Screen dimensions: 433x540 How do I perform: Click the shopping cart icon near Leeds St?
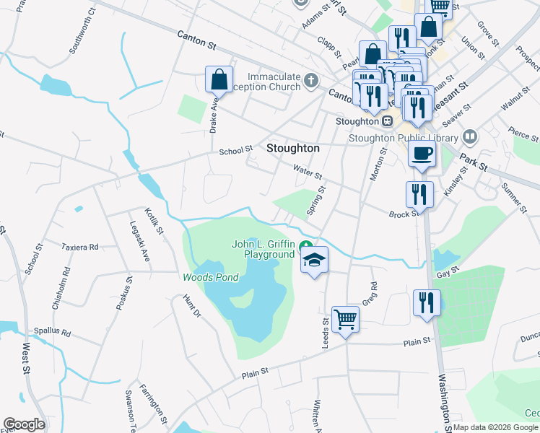[x=346, y=318]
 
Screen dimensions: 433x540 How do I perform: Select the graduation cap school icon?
[x=314, y=261]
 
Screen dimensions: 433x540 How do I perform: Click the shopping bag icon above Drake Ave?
[x=219, y=79]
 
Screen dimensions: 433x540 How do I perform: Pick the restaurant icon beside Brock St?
[x=418, y=193]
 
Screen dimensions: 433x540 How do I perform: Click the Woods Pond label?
[x=210, y=277]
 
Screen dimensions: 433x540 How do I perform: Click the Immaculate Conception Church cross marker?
[x=310, y=79]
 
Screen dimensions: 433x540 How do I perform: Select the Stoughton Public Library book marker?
[x=470, y=136]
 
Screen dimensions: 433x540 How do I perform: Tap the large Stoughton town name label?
[x=292, y=148]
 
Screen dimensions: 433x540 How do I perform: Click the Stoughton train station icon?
[x=387, y=121]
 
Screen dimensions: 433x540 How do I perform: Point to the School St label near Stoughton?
[x=236, y=150]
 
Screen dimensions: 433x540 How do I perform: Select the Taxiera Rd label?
[x=79, y=247]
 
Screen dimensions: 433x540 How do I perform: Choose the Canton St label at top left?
[x=197, y=40]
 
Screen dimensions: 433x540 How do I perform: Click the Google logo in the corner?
[x=24, y=424]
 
